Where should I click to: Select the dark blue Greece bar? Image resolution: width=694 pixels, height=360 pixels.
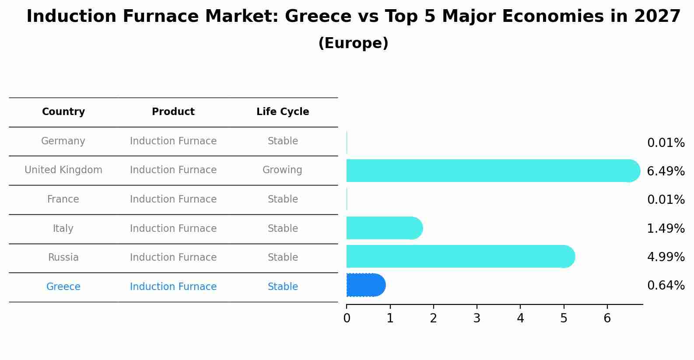tap(365, 285)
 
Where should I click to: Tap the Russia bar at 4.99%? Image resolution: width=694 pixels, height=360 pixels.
tap(459, 256)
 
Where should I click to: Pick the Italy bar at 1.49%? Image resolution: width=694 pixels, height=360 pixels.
tap(384, 228)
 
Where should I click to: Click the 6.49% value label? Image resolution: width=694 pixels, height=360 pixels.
tap(666, 171)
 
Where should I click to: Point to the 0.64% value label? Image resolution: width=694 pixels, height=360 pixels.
tap(666, 286)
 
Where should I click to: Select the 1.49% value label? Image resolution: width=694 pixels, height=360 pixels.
tap(666, 228)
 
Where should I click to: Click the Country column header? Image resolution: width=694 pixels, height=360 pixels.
tap(63, 112)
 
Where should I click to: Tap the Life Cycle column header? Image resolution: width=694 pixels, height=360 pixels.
tap(283, 112)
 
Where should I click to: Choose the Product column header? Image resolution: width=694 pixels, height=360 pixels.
tap(173, 112)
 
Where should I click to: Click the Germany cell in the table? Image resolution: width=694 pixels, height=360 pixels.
tap(63, 141)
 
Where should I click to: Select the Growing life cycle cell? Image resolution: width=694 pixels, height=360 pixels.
tap(282, 170)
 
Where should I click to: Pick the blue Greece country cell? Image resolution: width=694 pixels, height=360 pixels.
tap(63, 287)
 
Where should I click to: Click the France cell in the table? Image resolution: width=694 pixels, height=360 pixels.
tap(63, 199)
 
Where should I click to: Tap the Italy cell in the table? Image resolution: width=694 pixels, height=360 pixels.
tap(63, 229)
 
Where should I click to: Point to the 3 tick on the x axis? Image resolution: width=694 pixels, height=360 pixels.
tap(477, 318)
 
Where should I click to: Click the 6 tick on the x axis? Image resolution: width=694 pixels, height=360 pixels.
tap(607, 318)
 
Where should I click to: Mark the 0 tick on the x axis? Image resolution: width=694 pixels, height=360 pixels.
tap(347, 318)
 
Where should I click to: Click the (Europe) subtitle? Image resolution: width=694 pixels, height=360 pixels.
tap(353, 43)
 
